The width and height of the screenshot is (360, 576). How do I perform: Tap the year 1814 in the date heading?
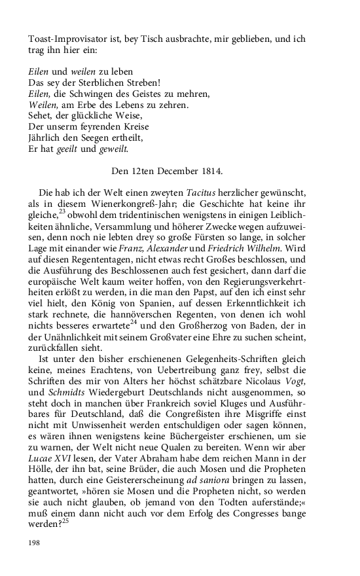[209, 172]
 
